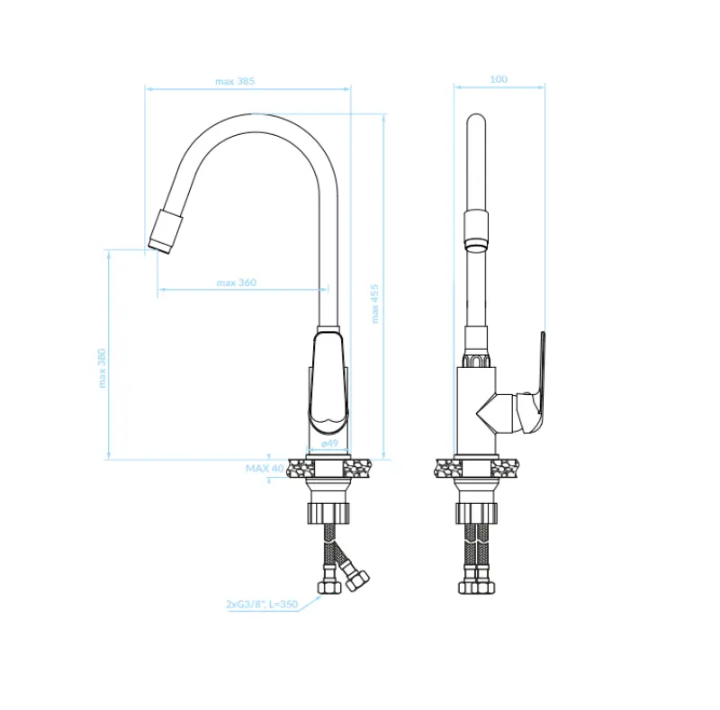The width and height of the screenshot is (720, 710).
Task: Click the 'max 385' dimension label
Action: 235,81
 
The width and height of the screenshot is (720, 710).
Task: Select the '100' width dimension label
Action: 498,79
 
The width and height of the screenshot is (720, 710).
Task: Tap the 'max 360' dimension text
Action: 236,283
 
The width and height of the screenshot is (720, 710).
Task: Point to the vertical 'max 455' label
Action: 375,303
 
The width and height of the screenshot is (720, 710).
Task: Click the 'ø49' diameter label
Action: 329,444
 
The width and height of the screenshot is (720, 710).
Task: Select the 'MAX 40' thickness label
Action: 265,469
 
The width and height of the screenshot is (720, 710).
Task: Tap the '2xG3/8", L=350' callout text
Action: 261,606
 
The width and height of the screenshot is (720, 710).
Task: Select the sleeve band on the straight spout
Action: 477,229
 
